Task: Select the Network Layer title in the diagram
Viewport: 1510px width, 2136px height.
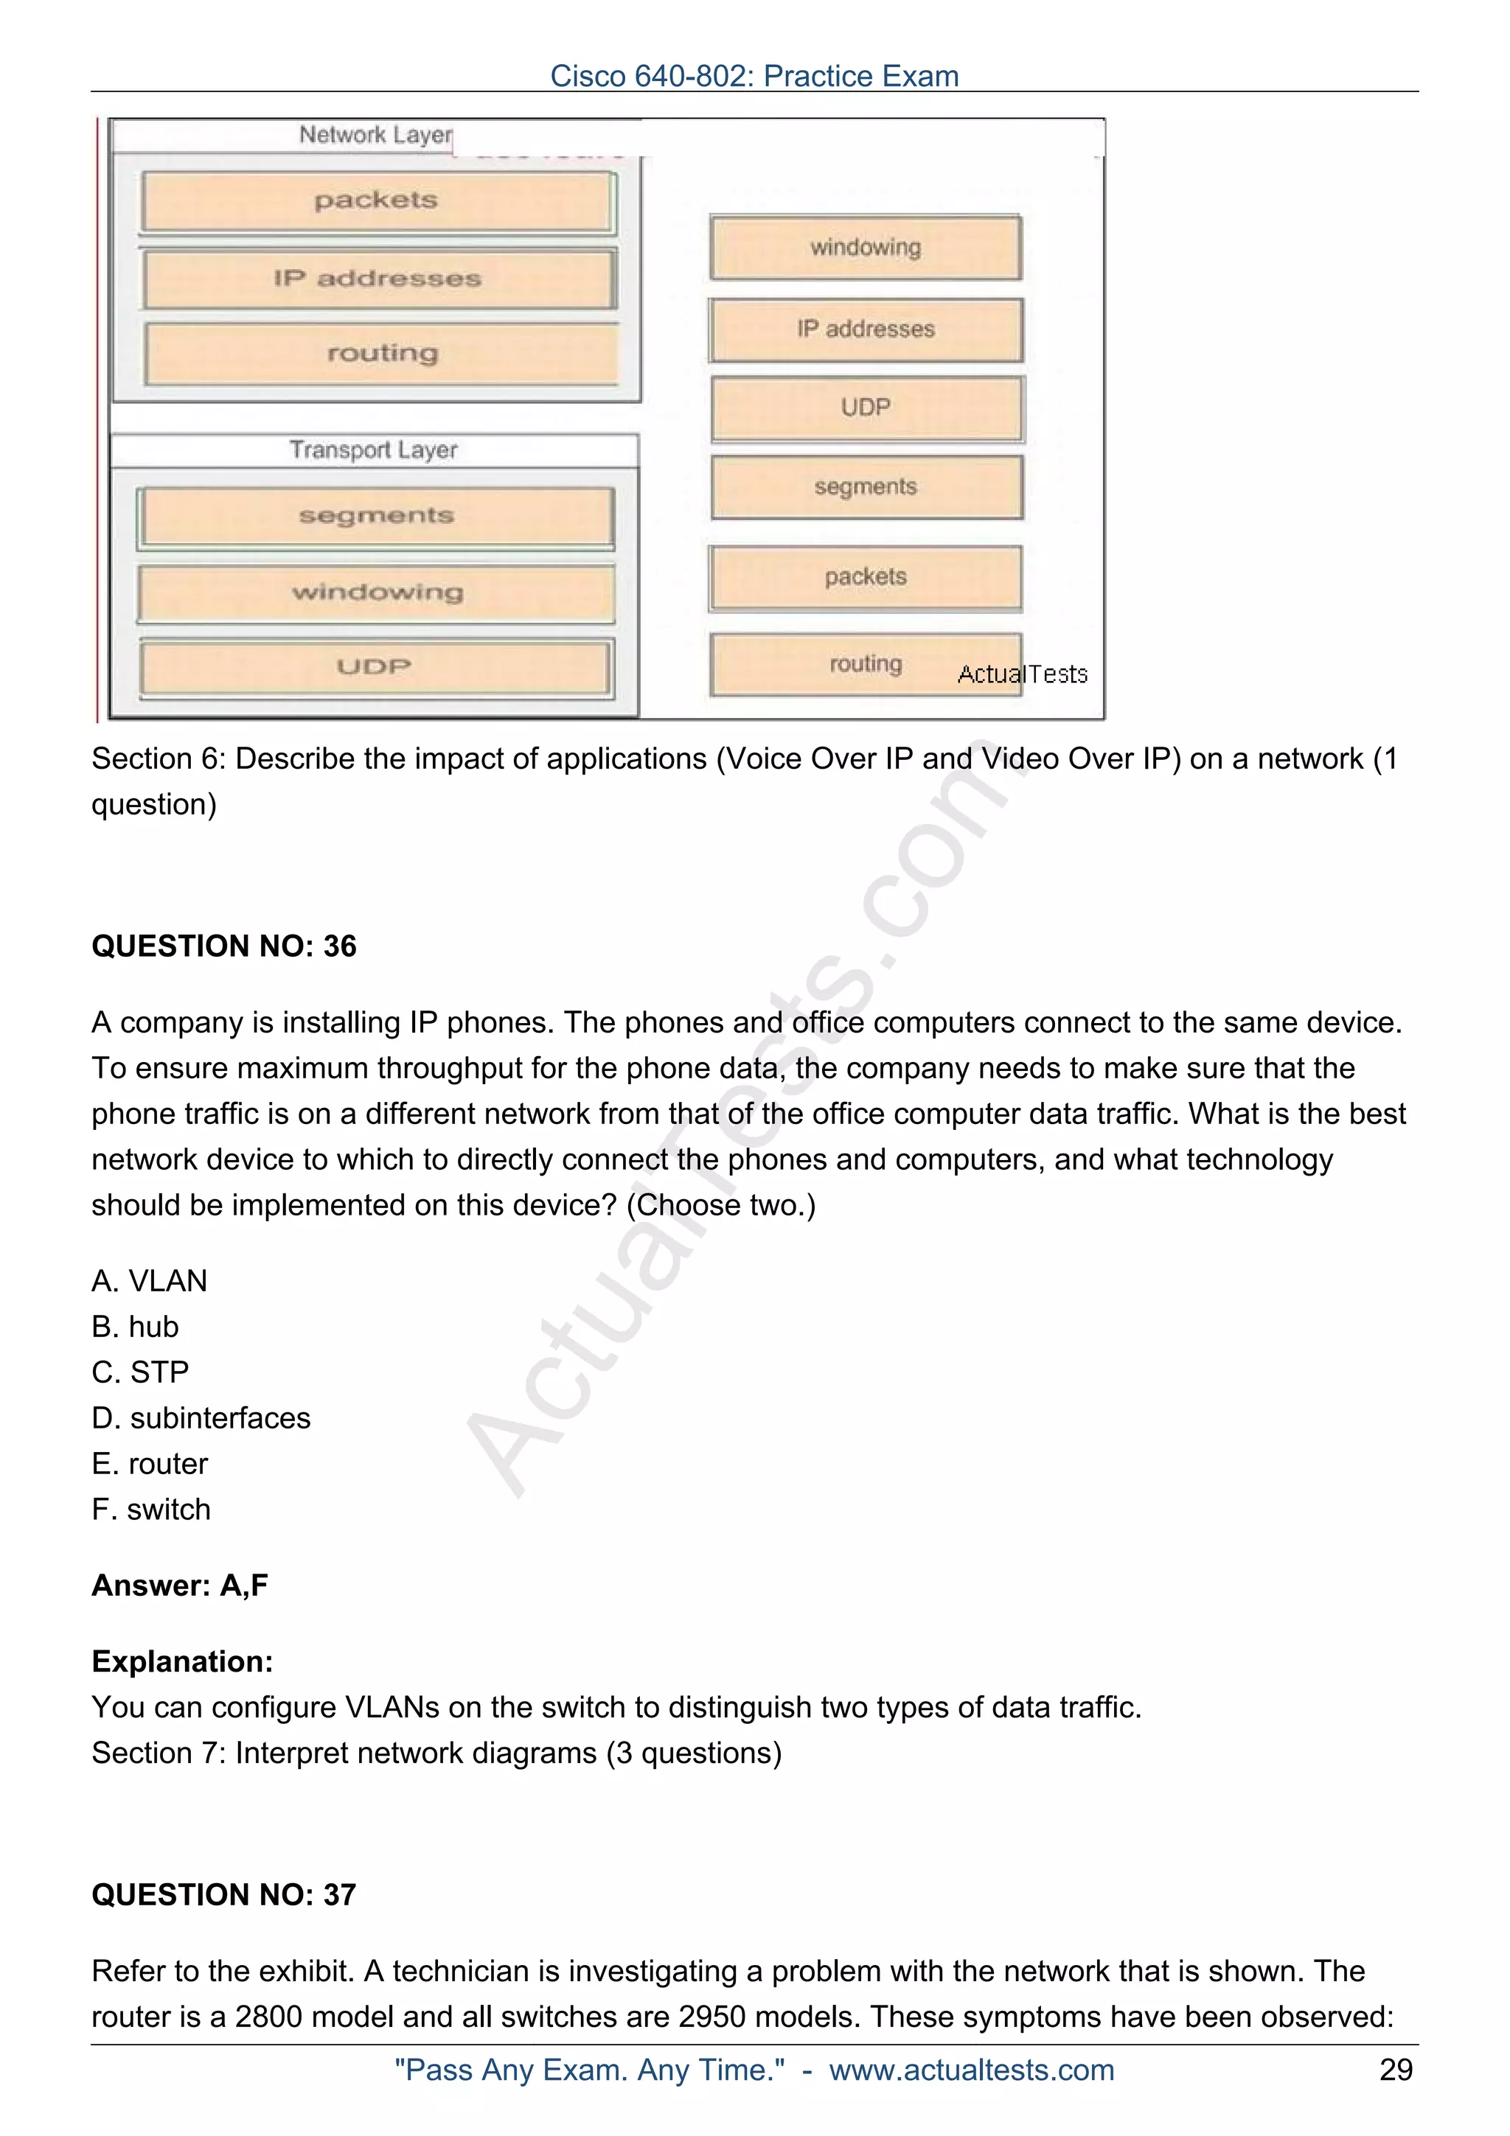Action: click(375, 135)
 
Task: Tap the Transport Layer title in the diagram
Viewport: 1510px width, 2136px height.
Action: click(373, 450)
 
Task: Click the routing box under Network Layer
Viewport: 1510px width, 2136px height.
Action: click(381, 354)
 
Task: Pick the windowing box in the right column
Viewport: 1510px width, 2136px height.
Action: click(866, 248)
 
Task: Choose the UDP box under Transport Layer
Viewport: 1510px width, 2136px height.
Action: click(375, 666)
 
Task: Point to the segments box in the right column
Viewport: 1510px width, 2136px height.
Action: click(866, 486)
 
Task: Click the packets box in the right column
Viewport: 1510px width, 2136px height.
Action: click(866, 577)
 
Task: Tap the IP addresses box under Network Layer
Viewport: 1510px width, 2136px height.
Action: click(377, 278)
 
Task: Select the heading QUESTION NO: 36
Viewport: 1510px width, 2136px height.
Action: click(223, 946)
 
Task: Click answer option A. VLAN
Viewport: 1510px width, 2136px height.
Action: click(149, 1281)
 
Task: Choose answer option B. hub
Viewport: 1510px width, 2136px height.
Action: click(135, 1327)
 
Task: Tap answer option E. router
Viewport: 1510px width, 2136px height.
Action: click(150, 1463)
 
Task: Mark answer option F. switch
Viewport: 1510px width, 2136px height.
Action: click(150, 1509)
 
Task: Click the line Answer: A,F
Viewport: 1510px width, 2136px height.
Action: click(180, 1585)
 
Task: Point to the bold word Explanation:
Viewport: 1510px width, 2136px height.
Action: click(182, 1661)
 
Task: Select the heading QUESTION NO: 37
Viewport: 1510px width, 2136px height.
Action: click(223, 1895)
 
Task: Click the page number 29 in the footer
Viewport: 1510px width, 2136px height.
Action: click(1396, 2070)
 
